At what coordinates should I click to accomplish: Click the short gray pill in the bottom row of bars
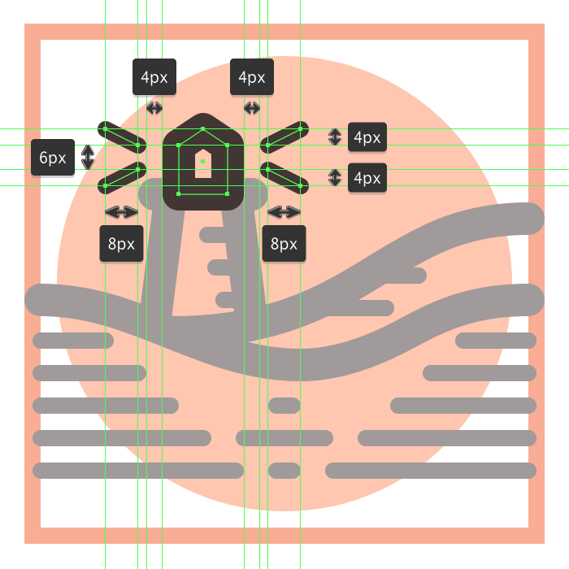click(284, 470)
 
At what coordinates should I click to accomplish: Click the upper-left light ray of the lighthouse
click(122, 137)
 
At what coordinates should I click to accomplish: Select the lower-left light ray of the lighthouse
click(122, 178)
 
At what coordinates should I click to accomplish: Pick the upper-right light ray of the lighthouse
click(284, 137)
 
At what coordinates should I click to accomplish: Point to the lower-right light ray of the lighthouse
click(284, 178)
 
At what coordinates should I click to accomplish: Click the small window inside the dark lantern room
click(202, 163)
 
